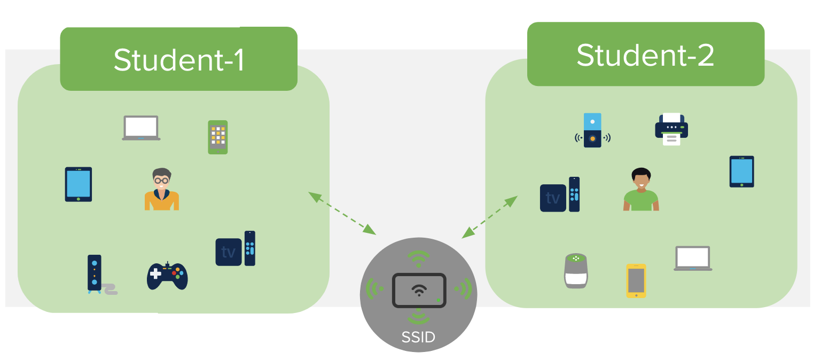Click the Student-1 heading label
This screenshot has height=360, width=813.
178,60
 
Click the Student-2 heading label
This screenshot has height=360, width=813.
645,55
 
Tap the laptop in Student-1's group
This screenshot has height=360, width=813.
141,128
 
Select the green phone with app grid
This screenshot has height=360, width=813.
218,137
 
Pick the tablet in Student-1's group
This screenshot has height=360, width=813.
79,184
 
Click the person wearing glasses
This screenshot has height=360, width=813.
161,190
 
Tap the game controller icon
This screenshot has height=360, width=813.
167,276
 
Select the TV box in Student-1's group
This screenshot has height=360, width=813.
235,249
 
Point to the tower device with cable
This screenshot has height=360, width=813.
97,274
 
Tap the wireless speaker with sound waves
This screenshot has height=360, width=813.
592,130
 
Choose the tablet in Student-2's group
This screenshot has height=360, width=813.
741,171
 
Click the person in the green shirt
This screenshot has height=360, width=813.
641,190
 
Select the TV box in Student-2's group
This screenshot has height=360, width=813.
559,195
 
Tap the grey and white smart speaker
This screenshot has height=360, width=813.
576,271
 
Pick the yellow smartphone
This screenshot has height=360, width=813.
636,280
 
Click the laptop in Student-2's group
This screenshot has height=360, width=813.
693,259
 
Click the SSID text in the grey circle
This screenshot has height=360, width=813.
418,338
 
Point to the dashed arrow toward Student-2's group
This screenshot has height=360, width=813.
490,216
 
